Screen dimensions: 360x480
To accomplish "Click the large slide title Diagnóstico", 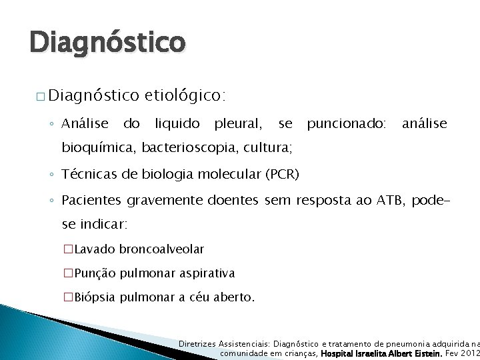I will click(x=107, y=42).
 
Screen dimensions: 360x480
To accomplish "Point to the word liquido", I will click(x=177, y=123).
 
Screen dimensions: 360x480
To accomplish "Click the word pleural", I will click(x=237, y=123).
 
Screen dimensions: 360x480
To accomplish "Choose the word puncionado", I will click(x=346, y=123).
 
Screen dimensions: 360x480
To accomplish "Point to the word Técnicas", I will click(x=87, y=175).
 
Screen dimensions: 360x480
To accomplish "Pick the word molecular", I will click(x=229, y=175).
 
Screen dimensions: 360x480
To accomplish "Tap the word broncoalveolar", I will click(x=161, y=249).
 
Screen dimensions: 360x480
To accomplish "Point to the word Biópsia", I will click(x=96, y=297).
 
